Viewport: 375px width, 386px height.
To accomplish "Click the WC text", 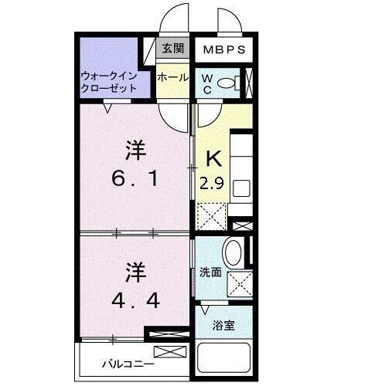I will point(207,83).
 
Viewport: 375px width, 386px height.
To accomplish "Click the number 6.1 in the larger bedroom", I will point(136,178).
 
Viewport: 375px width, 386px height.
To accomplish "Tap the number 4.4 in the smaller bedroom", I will point(136,299).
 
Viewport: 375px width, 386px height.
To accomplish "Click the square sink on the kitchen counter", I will point(240,188).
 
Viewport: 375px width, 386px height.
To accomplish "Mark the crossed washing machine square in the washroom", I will point(239,283).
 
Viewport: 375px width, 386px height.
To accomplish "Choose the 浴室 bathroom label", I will point(225,325).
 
